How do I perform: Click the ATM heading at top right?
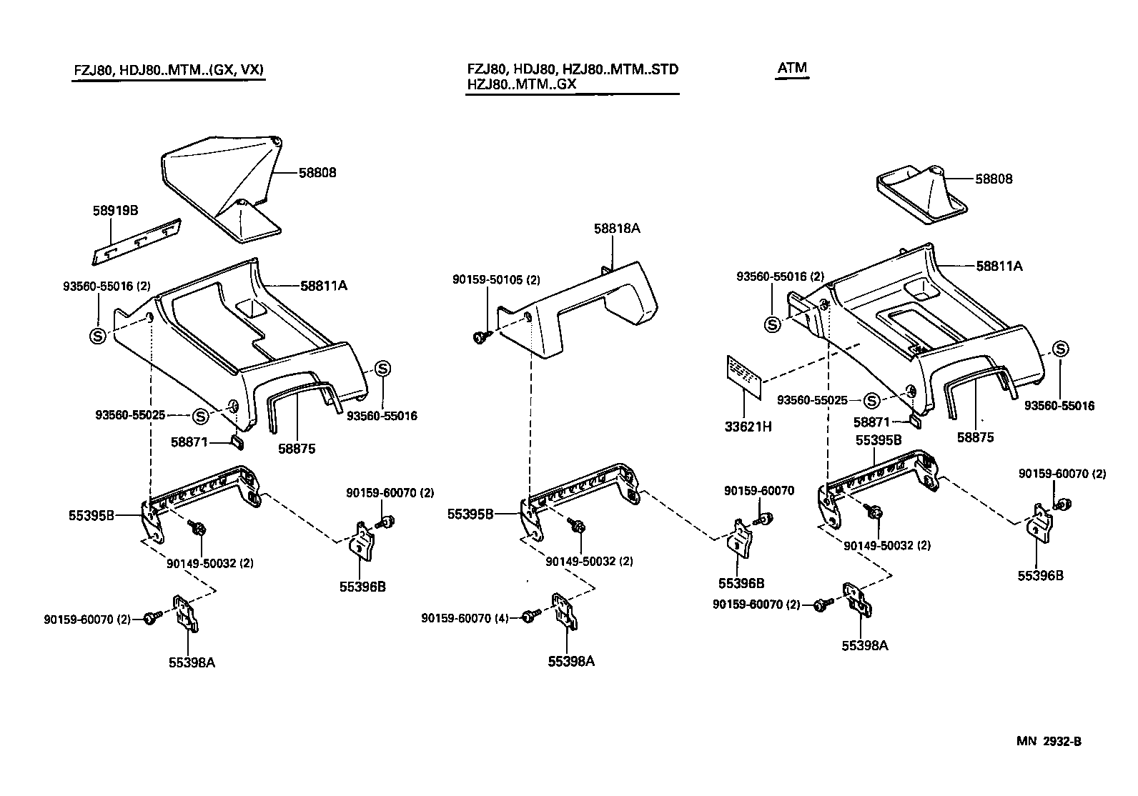(792, 69)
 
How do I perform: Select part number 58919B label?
(115, 211)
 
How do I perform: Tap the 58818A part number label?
(616, 229)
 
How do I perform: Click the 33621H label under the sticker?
(748, 427)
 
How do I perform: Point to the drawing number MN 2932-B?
(1049, 741)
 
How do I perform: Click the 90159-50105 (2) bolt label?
(496, 280)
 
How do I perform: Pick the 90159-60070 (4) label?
(465, 618)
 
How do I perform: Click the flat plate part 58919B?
(137, 242)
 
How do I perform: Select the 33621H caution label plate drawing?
(744, 376)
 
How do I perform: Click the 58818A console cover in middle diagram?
(586, 307)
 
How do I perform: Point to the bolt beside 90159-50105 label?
(481, 336)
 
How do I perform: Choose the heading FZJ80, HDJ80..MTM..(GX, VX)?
(168, 70)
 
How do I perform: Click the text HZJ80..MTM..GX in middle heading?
(521, 84)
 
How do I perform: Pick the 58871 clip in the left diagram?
(237, 444)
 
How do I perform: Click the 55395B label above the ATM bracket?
(879, 441)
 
